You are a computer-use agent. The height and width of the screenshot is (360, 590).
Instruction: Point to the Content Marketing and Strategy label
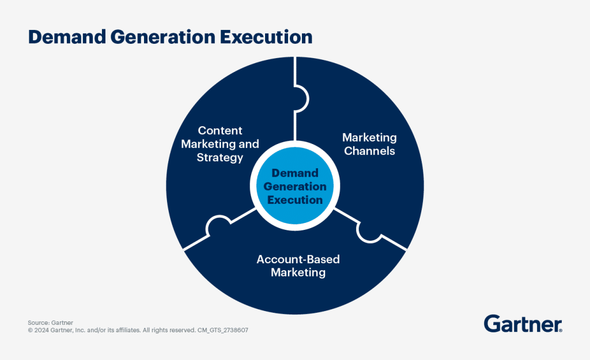220,144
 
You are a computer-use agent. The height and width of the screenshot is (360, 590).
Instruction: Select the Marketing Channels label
369,144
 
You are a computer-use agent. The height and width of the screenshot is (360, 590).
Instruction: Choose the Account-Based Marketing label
298,266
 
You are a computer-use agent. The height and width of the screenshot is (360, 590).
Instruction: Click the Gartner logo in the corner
523,324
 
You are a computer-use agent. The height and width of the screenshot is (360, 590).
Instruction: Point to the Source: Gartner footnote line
51,323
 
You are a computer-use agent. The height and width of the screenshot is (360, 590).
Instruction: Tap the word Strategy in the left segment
220,157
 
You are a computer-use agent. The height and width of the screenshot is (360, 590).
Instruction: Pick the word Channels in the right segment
369,151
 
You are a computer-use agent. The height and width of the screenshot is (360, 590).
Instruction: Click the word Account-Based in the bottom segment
298,259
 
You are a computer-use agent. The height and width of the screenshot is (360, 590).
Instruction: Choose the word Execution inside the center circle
295,200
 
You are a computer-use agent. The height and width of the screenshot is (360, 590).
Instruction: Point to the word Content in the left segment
220,131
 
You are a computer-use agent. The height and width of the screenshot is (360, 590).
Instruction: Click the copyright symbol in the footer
30,331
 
